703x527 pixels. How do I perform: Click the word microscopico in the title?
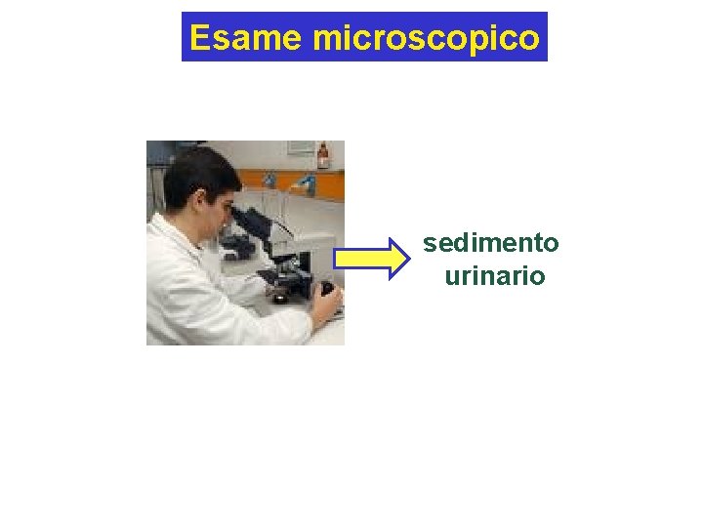426,38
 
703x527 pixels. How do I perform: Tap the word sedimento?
491,242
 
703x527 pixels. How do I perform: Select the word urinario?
494,276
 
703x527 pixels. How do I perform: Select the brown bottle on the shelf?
323,156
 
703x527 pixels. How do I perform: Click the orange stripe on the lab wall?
283,179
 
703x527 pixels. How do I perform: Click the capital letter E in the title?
200,37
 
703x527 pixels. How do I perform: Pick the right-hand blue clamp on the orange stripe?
307,182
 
